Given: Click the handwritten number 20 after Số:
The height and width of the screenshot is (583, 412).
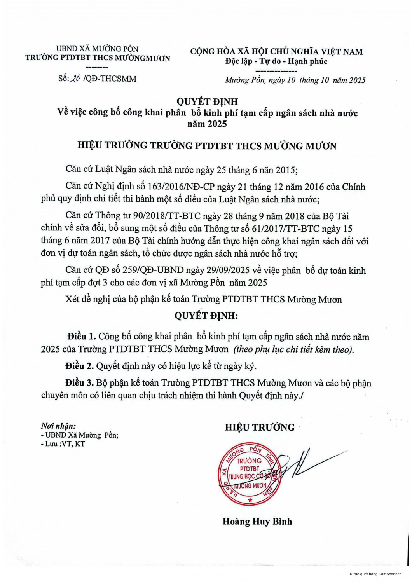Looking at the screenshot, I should (x=76, y=79).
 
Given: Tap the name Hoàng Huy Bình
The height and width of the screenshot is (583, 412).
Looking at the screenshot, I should (x=257, y=521).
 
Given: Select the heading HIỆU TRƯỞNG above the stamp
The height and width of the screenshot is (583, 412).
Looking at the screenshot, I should (x=260, y=427).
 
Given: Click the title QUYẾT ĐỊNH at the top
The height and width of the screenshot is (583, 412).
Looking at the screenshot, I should (x=207, y=102).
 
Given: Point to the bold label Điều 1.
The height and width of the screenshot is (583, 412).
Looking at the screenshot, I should (x=81, y=337).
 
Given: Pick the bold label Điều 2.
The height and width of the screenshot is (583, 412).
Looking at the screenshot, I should (x=79, y=366).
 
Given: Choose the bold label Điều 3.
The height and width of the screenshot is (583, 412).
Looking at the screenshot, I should (x=79, y=383).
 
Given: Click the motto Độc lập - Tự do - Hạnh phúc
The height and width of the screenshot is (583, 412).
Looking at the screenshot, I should (x=276, y=61).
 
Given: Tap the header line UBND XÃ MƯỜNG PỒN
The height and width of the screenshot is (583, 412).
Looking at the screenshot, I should (x=97, y=49).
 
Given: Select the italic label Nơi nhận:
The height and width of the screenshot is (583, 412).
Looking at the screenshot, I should (x=58, y=426).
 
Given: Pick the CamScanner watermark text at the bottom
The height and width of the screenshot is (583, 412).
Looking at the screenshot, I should (x=375, y=574).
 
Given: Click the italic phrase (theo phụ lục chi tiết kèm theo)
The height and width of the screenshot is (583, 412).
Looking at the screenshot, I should (x=294, y=349).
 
